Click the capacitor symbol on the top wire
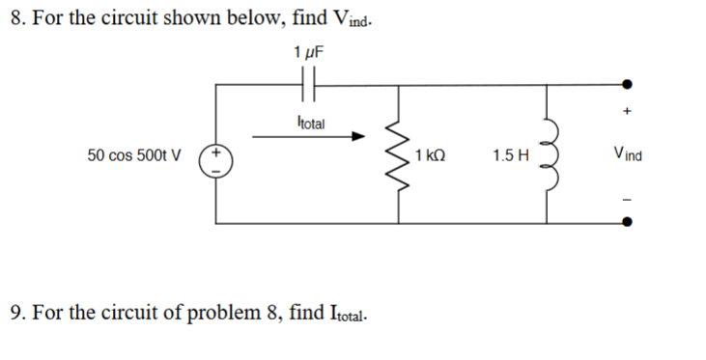308,86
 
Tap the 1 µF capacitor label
307,52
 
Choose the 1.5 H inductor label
509,154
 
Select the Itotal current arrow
309,137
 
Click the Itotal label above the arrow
311,123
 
